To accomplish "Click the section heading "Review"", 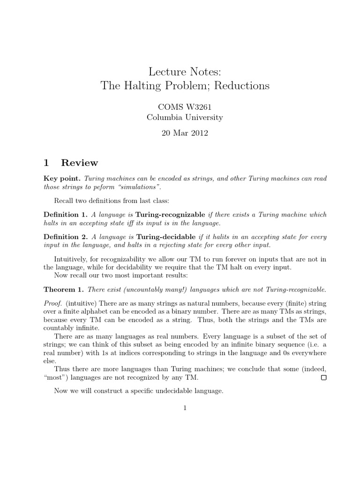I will (80, 163).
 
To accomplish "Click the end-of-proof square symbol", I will (323, 377).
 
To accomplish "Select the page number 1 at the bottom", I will (185, 408).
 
